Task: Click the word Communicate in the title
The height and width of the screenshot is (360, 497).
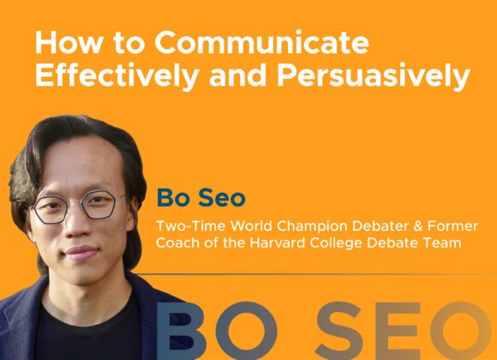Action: pos(262,42)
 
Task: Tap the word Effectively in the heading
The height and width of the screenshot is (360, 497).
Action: pos(117,76)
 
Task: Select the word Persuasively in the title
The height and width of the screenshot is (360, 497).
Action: pos(374,76)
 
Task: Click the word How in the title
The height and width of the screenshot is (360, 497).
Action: pos(68,42)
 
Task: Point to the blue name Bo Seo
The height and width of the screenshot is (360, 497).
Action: pos(201,198)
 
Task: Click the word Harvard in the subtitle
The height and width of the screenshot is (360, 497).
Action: pos(278,243)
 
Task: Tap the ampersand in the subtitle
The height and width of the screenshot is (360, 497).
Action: pos(418,226)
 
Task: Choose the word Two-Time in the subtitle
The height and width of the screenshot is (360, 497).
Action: pos(190,226)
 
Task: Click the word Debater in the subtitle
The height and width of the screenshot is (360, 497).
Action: pos(380,226)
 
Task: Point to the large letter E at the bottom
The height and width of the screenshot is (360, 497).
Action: pos(399,331)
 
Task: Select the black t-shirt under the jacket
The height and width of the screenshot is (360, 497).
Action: pos(88,333)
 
